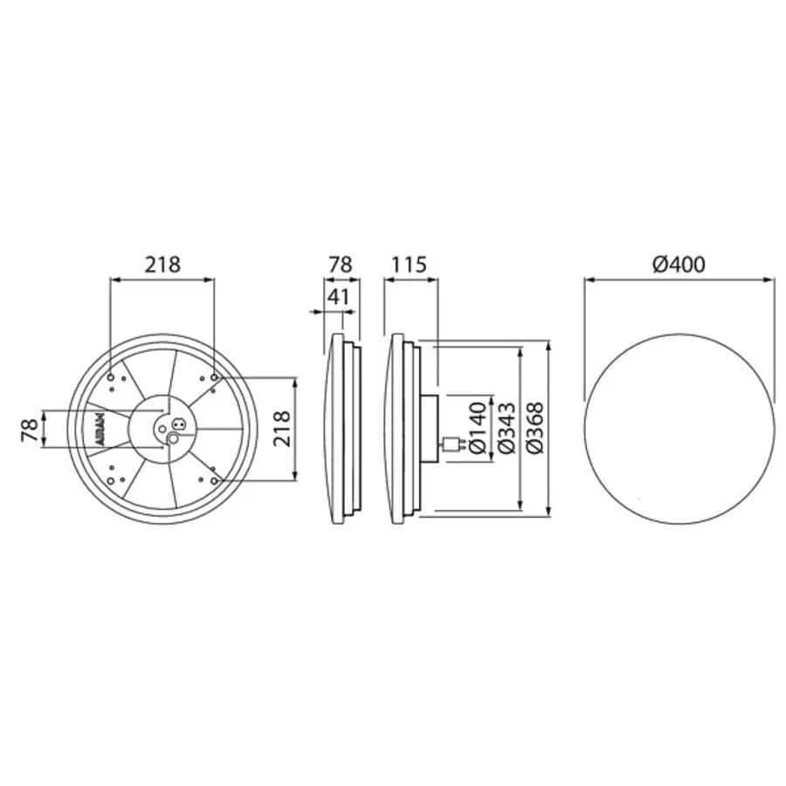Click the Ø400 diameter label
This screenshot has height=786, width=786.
(679, 264)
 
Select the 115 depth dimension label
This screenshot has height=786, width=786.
(409, 264)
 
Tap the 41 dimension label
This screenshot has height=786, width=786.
(338, 297)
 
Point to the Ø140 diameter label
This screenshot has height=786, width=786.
(479, 427)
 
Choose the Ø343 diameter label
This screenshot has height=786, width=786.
(507, 427)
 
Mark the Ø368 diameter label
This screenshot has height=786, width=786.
(536, 427)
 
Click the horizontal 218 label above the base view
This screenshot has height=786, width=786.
(162, 264)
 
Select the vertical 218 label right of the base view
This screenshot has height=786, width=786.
(281, 428)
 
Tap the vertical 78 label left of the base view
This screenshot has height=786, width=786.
(30, 430)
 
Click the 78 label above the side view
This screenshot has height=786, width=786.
(341, 264)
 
